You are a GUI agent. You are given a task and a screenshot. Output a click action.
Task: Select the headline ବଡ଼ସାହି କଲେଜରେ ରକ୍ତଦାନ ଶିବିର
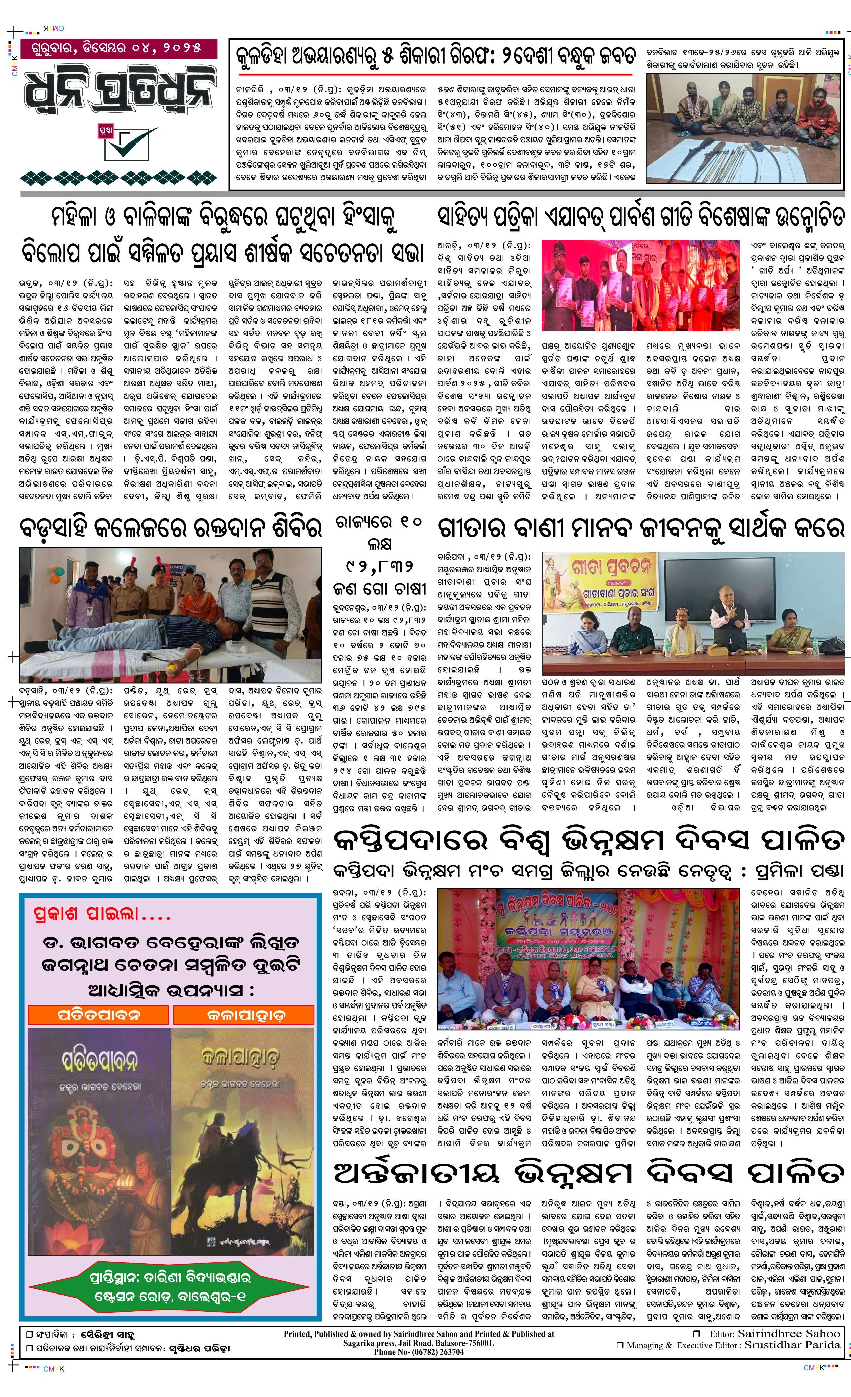pos(170,528)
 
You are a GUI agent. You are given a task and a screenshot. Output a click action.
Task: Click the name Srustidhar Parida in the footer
pos(792,1344)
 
